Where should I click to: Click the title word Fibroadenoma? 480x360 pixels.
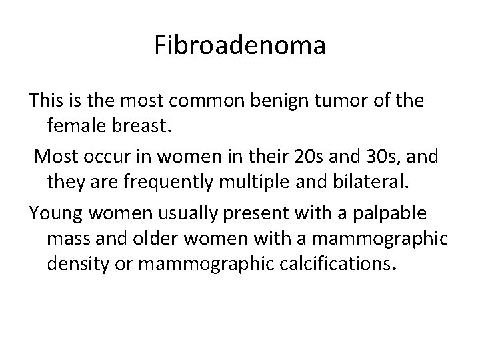point(240,47)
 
